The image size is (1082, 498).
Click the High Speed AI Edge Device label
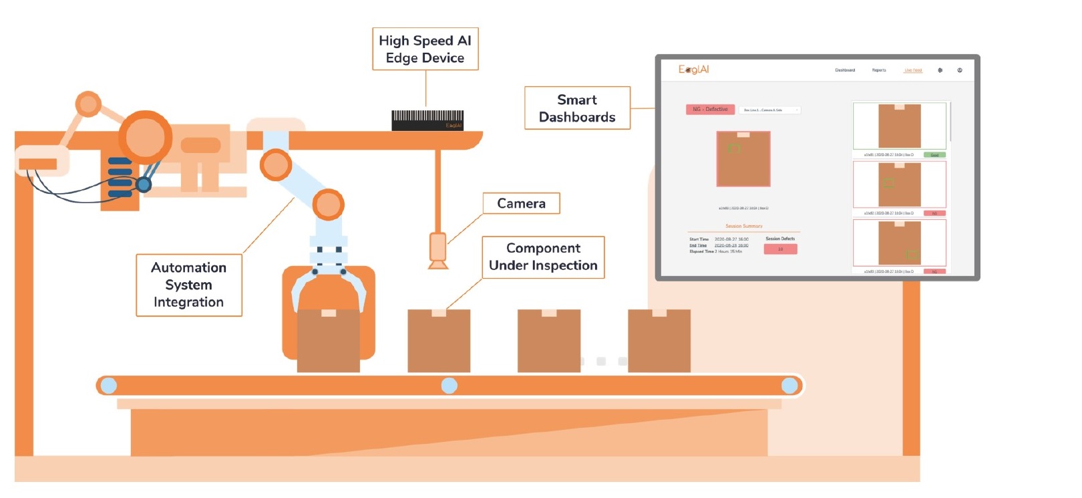coord(425,49)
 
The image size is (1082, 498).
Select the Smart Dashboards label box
coord(577,108)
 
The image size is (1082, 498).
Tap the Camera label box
coord(521,203)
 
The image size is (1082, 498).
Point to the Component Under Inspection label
coord(543,257)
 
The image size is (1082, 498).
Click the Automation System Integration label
coord(188,285)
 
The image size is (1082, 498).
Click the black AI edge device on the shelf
coord(427,120)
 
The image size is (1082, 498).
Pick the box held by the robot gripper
coord(328,341)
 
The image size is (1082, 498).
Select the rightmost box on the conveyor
coord(659,341)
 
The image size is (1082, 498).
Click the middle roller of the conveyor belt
coord(449,386)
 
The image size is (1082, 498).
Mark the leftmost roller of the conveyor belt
coord(108,386)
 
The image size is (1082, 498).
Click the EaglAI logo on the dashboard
coord(693,70)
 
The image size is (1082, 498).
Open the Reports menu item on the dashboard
coord(879,70)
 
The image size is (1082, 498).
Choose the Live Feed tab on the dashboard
coord(913,70)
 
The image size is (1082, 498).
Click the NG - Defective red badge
coord(710,110)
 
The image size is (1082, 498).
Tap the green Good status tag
coord(934,155)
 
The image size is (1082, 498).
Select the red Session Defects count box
coord(780,249)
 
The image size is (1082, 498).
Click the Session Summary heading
coord(743,226)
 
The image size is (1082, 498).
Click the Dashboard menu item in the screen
coord(845,70)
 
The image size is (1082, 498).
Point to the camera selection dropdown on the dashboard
coord(769,110)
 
